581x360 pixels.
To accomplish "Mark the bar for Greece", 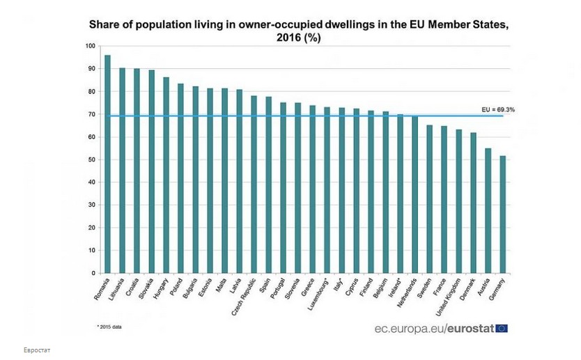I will point(313,189).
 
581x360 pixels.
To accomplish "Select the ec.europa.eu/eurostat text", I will point(432,329).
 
